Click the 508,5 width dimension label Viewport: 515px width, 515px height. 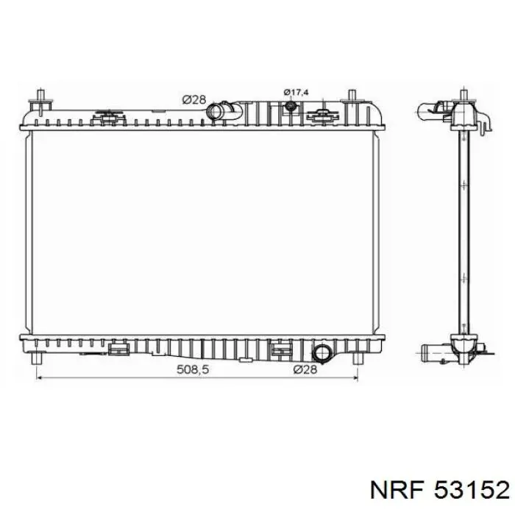click(193, 369)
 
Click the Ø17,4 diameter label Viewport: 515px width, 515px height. click(296, 92)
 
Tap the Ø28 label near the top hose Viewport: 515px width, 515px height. click(193, 99)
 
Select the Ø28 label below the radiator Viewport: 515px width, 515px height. click(305, 369)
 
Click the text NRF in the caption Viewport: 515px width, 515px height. click(397, 491)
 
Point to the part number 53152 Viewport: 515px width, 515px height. click(472, 491)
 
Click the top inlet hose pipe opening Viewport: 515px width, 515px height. click(214, 111)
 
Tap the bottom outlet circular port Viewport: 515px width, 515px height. click(322, 353)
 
